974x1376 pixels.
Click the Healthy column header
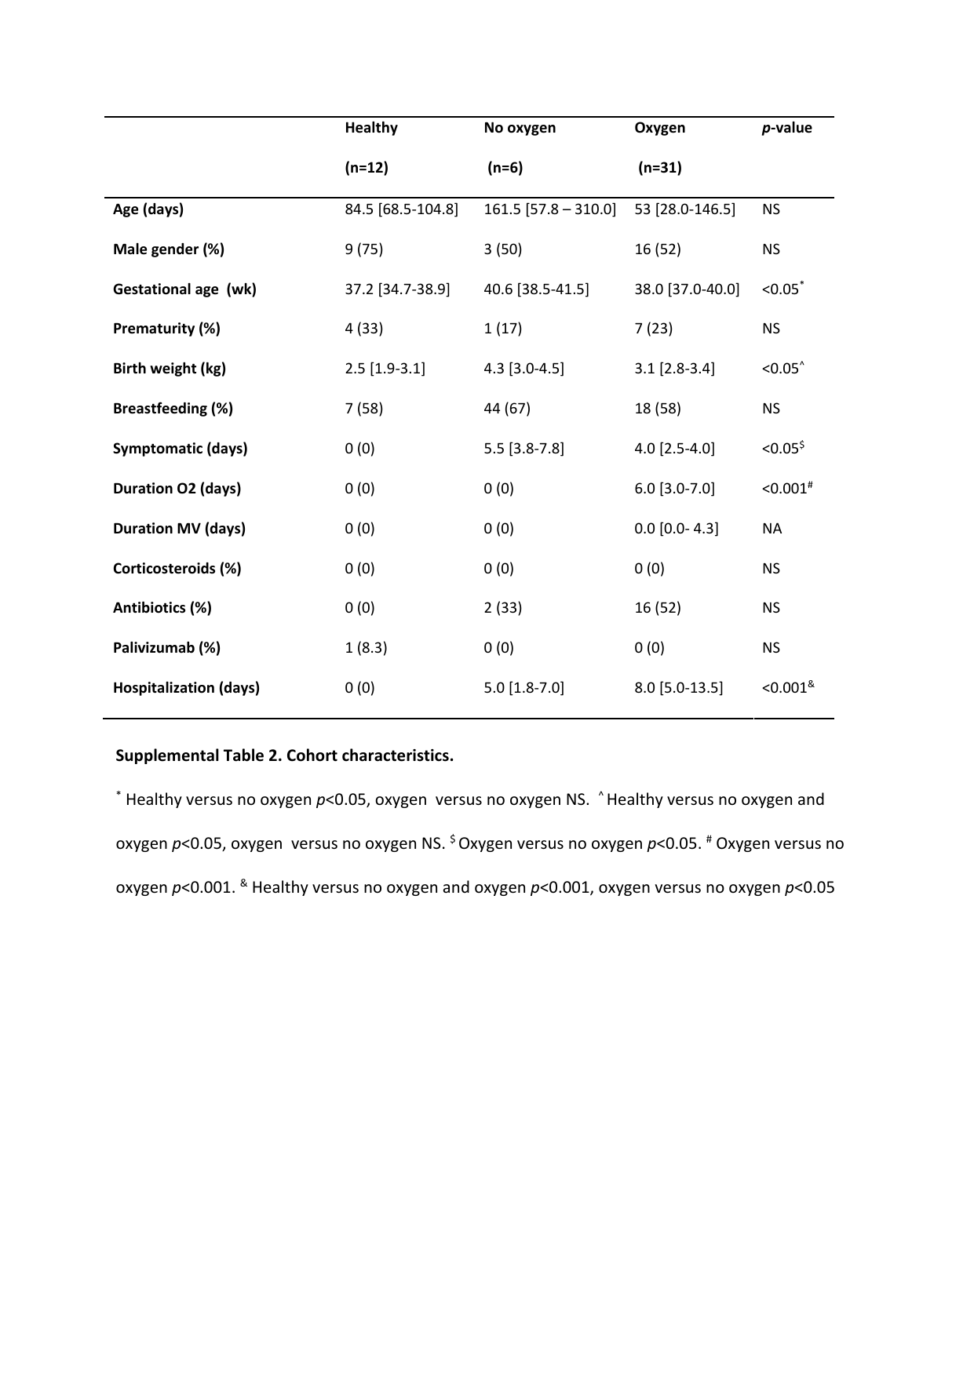371,128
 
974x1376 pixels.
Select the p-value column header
786,128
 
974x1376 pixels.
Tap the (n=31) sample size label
660,168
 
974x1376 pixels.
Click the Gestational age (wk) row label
184,289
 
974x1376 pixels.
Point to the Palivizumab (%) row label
166,648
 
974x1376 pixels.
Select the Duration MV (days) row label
179,529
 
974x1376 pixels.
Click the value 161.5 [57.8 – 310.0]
549,209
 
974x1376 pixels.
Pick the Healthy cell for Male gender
364,249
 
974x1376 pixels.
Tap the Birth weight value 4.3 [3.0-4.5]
523,369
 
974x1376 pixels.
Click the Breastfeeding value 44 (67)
507,409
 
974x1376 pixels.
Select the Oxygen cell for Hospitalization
679,688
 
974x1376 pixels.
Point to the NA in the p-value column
772,529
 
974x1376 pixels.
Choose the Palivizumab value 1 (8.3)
366,648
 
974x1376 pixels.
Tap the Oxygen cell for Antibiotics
658,608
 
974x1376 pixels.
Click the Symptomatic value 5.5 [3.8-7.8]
523,449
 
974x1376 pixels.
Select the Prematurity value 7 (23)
653,329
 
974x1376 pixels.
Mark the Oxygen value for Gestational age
687,289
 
